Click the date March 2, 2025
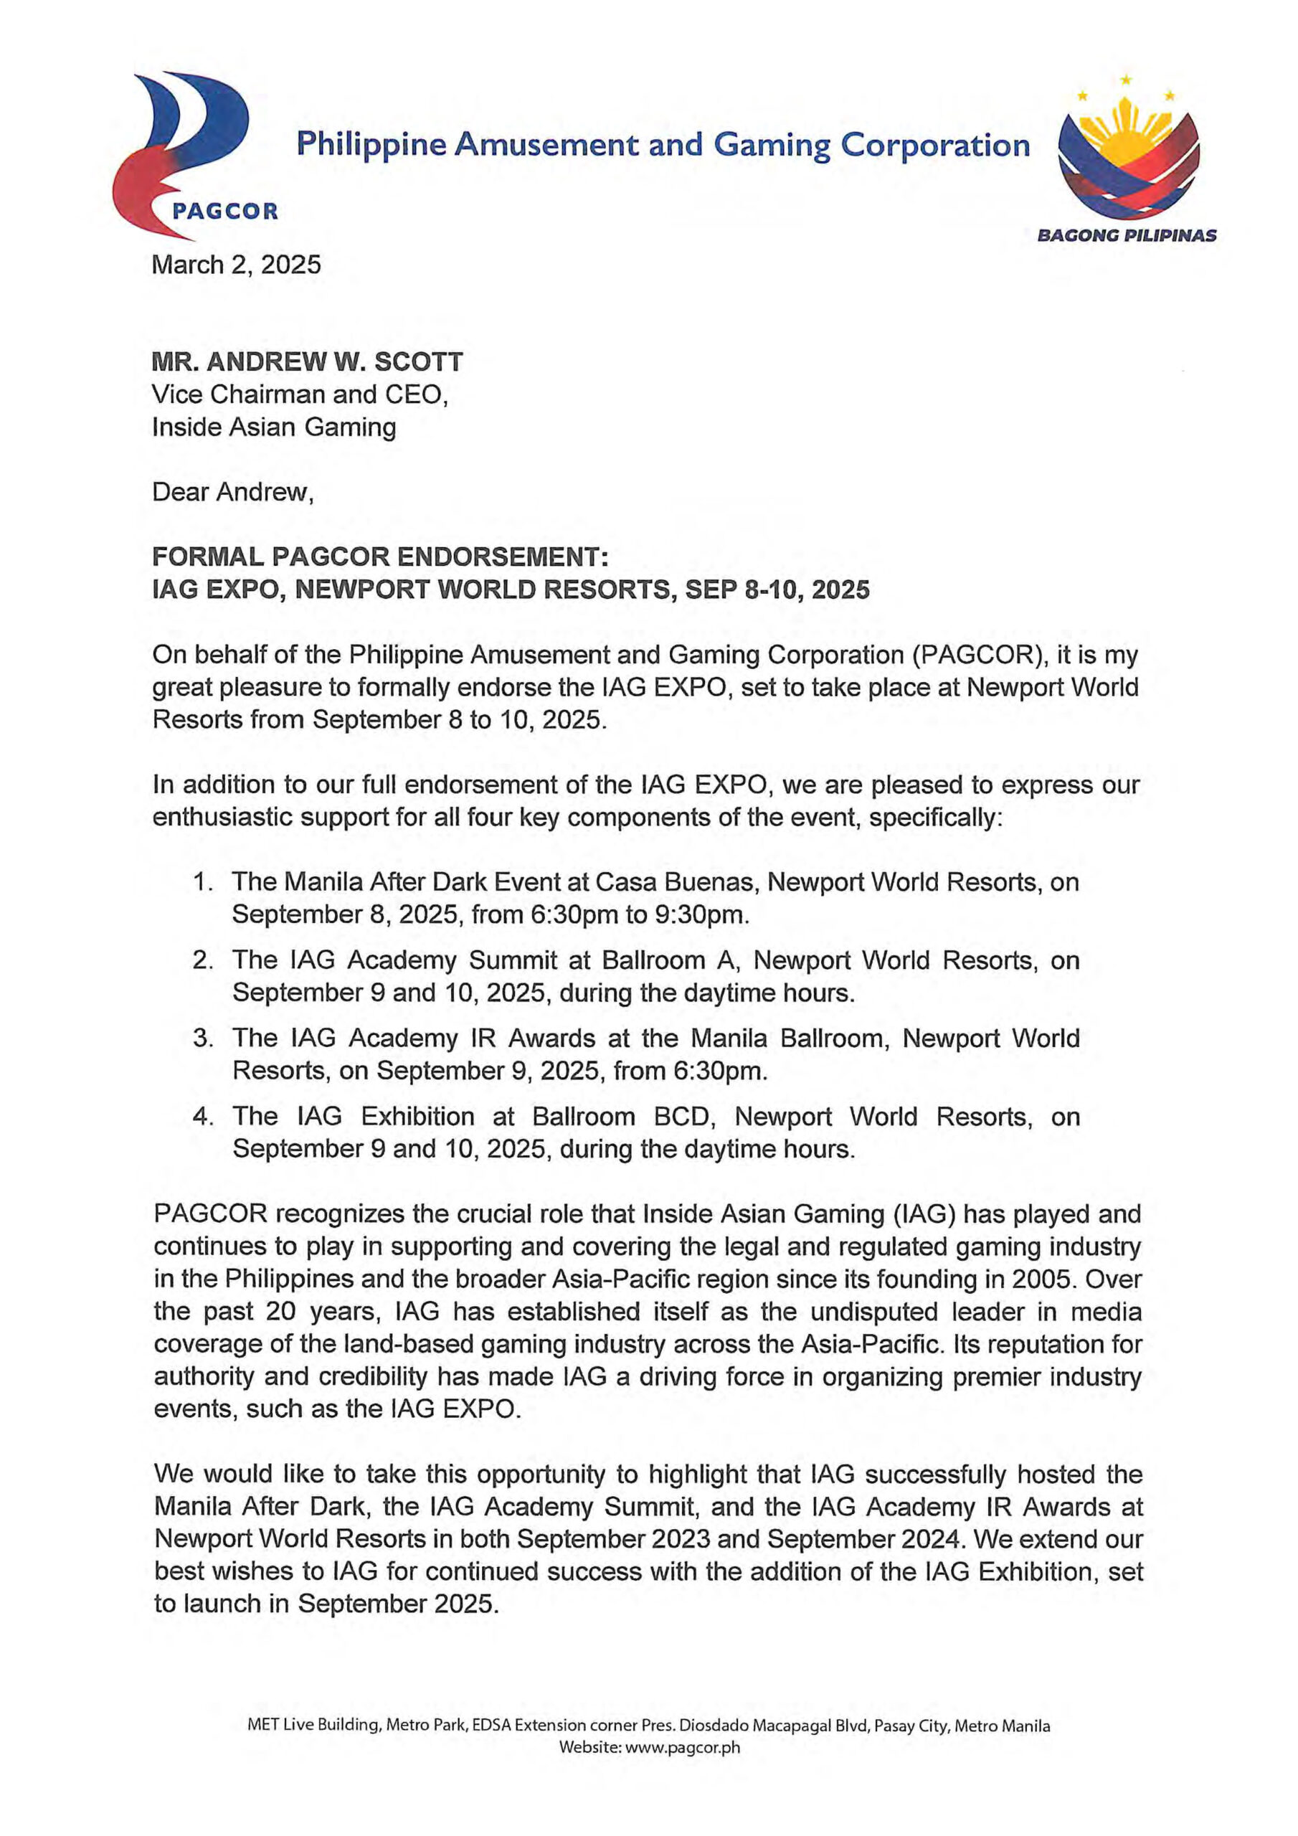click(x=236, y=265)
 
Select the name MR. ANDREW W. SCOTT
click(x=307, y=362)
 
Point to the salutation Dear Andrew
click(x=232, y=492)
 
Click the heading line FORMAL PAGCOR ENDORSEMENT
click(x=381, y=557)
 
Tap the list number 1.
click(x=202, y=882)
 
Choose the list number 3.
click(x=202, y=1038)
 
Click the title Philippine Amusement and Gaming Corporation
click(x=663, y=145)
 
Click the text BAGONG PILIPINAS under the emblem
click(x=1127, y=236)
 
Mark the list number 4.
click(x=202, y=1117)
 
